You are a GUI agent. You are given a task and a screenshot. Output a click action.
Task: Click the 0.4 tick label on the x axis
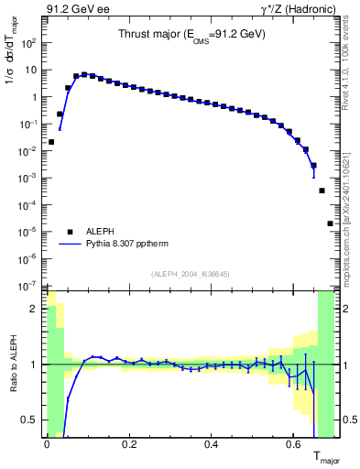click(x=212, y=446)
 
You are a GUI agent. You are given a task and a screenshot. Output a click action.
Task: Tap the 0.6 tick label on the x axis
click(x=294, y=446)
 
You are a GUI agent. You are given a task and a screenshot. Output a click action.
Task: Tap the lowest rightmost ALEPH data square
click(x=330, y=224)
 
